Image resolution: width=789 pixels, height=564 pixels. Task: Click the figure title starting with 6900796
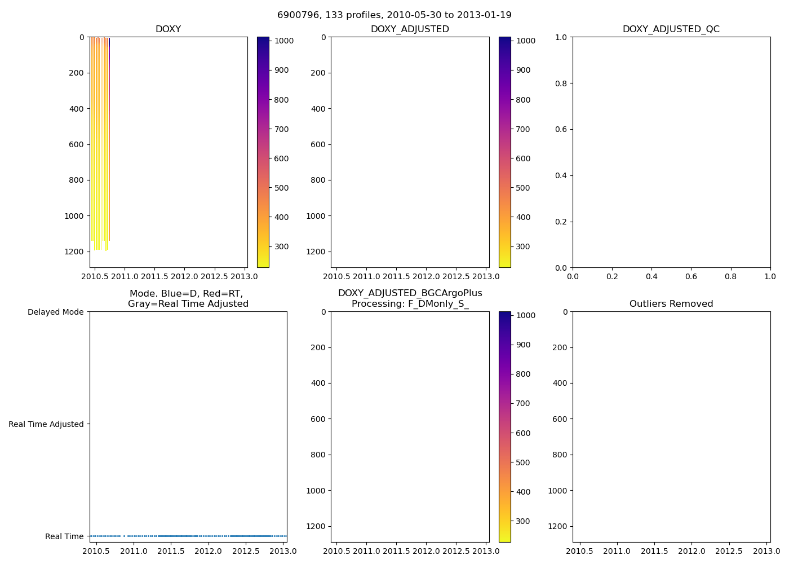tap(394, 15)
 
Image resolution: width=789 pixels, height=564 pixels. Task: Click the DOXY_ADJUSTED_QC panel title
tap(671, 29)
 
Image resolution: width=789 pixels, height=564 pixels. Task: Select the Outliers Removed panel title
tap(671, 304)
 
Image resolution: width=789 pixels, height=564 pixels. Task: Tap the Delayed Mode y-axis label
tap(55, 312)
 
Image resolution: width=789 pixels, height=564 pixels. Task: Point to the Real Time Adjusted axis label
tap(46, 424)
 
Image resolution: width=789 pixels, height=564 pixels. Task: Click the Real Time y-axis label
tap(64, 536)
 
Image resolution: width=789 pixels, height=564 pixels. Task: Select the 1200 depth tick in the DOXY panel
tap(74, 252)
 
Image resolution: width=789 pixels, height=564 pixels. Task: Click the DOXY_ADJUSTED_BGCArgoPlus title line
tap(410, 293)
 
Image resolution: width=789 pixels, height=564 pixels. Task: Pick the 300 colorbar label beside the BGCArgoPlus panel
tap(523, 521)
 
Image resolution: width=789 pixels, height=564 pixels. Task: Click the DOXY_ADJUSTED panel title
tap(410, 29)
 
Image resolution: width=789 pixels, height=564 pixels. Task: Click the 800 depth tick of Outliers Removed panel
tap(559, 455)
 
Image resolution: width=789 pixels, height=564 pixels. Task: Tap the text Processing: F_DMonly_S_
tap(410, 304)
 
